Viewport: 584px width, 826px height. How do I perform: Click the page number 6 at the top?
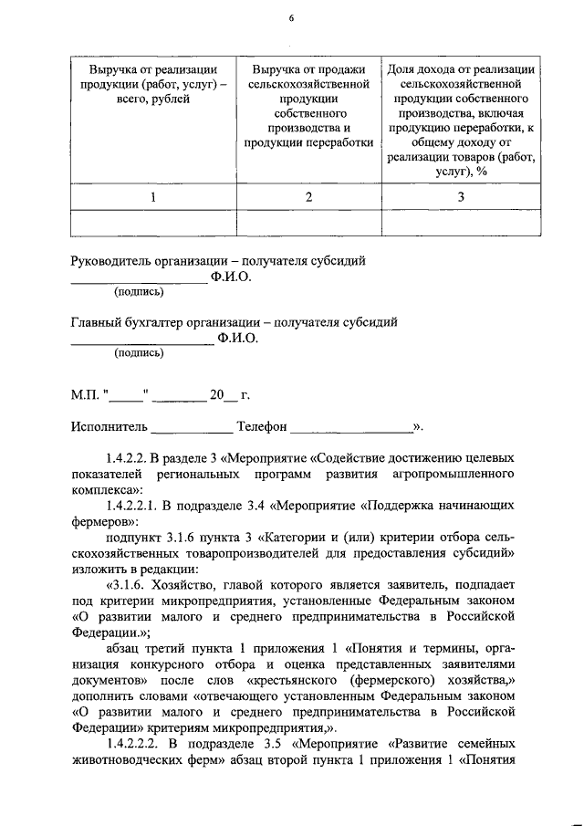click(291, 16)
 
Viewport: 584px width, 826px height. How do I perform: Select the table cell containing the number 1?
click(153, 197)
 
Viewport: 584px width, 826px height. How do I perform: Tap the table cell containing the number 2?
click(308, 197)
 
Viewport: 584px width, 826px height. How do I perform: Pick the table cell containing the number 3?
click(461, 197)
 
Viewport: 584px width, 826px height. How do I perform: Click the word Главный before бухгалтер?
click(99, 322)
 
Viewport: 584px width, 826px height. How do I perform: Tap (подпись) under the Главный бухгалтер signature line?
click(139, 353)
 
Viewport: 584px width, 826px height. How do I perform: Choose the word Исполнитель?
click(108, 426)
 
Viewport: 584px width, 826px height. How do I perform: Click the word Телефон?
click(262, 426)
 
